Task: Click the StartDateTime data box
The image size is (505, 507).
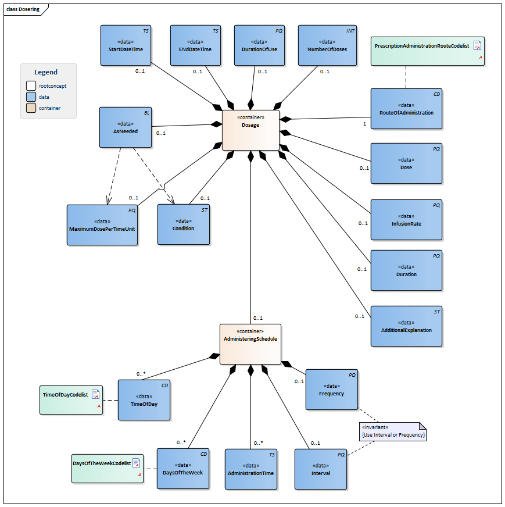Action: tap(126, 47)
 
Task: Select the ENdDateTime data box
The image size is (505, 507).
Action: tap(196, 47)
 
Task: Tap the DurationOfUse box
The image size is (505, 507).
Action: tap(259, 47)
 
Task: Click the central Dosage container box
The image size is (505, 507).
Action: tap(250, 130)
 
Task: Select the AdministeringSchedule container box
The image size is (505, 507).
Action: tap(250, 344)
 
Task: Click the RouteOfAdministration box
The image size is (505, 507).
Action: tap(406, 109)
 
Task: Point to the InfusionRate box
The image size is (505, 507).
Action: tap(406, 220)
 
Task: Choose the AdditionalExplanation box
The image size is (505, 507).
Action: tap(406, 326)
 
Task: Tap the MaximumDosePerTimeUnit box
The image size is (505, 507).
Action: tap(102, 225)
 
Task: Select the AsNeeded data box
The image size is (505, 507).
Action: tap(126, 127)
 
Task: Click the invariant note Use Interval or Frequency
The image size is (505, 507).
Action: tap(393, 431)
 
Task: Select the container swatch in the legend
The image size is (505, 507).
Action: tap(32, 108)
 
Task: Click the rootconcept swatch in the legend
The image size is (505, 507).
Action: tap(32, 86)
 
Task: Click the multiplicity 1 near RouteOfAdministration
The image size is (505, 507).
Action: tap(364, 124)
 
